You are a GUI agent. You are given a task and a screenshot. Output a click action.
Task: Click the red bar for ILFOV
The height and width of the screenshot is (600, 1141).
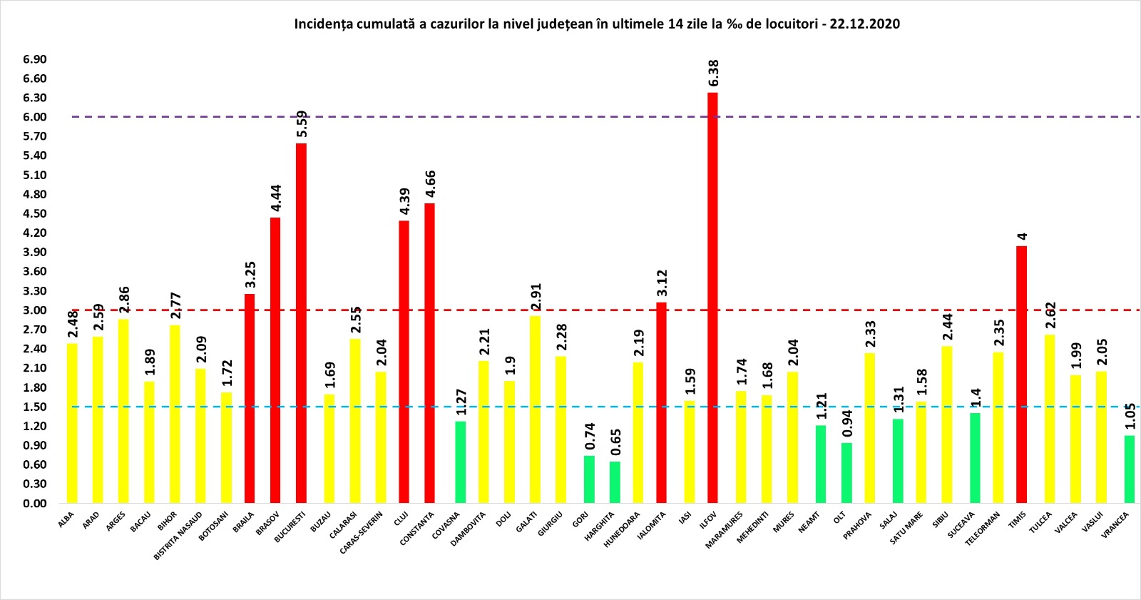click(x=712, y=298)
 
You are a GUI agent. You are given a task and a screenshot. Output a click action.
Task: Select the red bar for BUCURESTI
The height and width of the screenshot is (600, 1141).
click(x=301, y=323)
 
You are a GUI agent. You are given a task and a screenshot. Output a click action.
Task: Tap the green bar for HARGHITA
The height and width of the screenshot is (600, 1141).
click(x=615, y=482)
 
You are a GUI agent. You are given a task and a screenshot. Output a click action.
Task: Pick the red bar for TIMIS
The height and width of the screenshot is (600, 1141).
click(x=1021, y=375)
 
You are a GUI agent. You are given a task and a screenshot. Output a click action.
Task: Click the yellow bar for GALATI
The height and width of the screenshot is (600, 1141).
click(x=535, y=410)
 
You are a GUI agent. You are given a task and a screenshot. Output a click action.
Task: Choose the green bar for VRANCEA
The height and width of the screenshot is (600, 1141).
click(x=1130, y=469)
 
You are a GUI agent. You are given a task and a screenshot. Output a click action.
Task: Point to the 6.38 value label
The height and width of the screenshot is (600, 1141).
click(x=714, y=73)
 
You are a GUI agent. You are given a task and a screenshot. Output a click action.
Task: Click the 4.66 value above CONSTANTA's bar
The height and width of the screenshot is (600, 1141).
click(x=431, y=185)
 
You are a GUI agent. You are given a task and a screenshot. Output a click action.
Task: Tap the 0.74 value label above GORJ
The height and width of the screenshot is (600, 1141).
click(x=590, y=437)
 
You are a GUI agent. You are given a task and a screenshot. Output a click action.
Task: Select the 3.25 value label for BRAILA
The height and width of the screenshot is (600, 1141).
click(x=250, y=275)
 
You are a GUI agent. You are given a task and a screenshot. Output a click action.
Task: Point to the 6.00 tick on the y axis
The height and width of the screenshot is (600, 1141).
click(x=34, y=117)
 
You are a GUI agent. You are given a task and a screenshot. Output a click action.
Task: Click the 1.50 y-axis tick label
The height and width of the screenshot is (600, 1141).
click(x=34, y=407)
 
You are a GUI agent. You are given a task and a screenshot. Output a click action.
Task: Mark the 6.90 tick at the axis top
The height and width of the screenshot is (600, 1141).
click(x=34, y=59)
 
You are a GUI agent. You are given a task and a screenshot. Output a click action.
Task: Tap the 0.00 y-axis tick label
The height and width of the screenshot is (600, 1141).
click(x=34, y=503)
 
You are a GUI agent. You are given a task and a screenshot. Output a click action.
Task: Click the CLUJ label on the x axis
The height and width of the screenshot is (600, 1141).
click(x=401, y=519)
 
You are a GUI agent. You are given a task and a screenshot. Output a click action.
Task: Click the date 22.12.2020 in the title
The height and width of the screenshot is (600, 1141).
click(x=864, y=24)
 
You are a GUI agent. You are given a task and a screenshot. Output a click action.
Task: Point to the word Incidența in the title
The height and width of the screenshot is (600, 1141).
click(x=324, y=24)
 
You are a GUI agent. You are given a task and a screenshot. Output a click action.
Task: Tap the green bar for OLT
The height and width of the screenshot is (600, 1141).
click(x=846, y=473)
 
